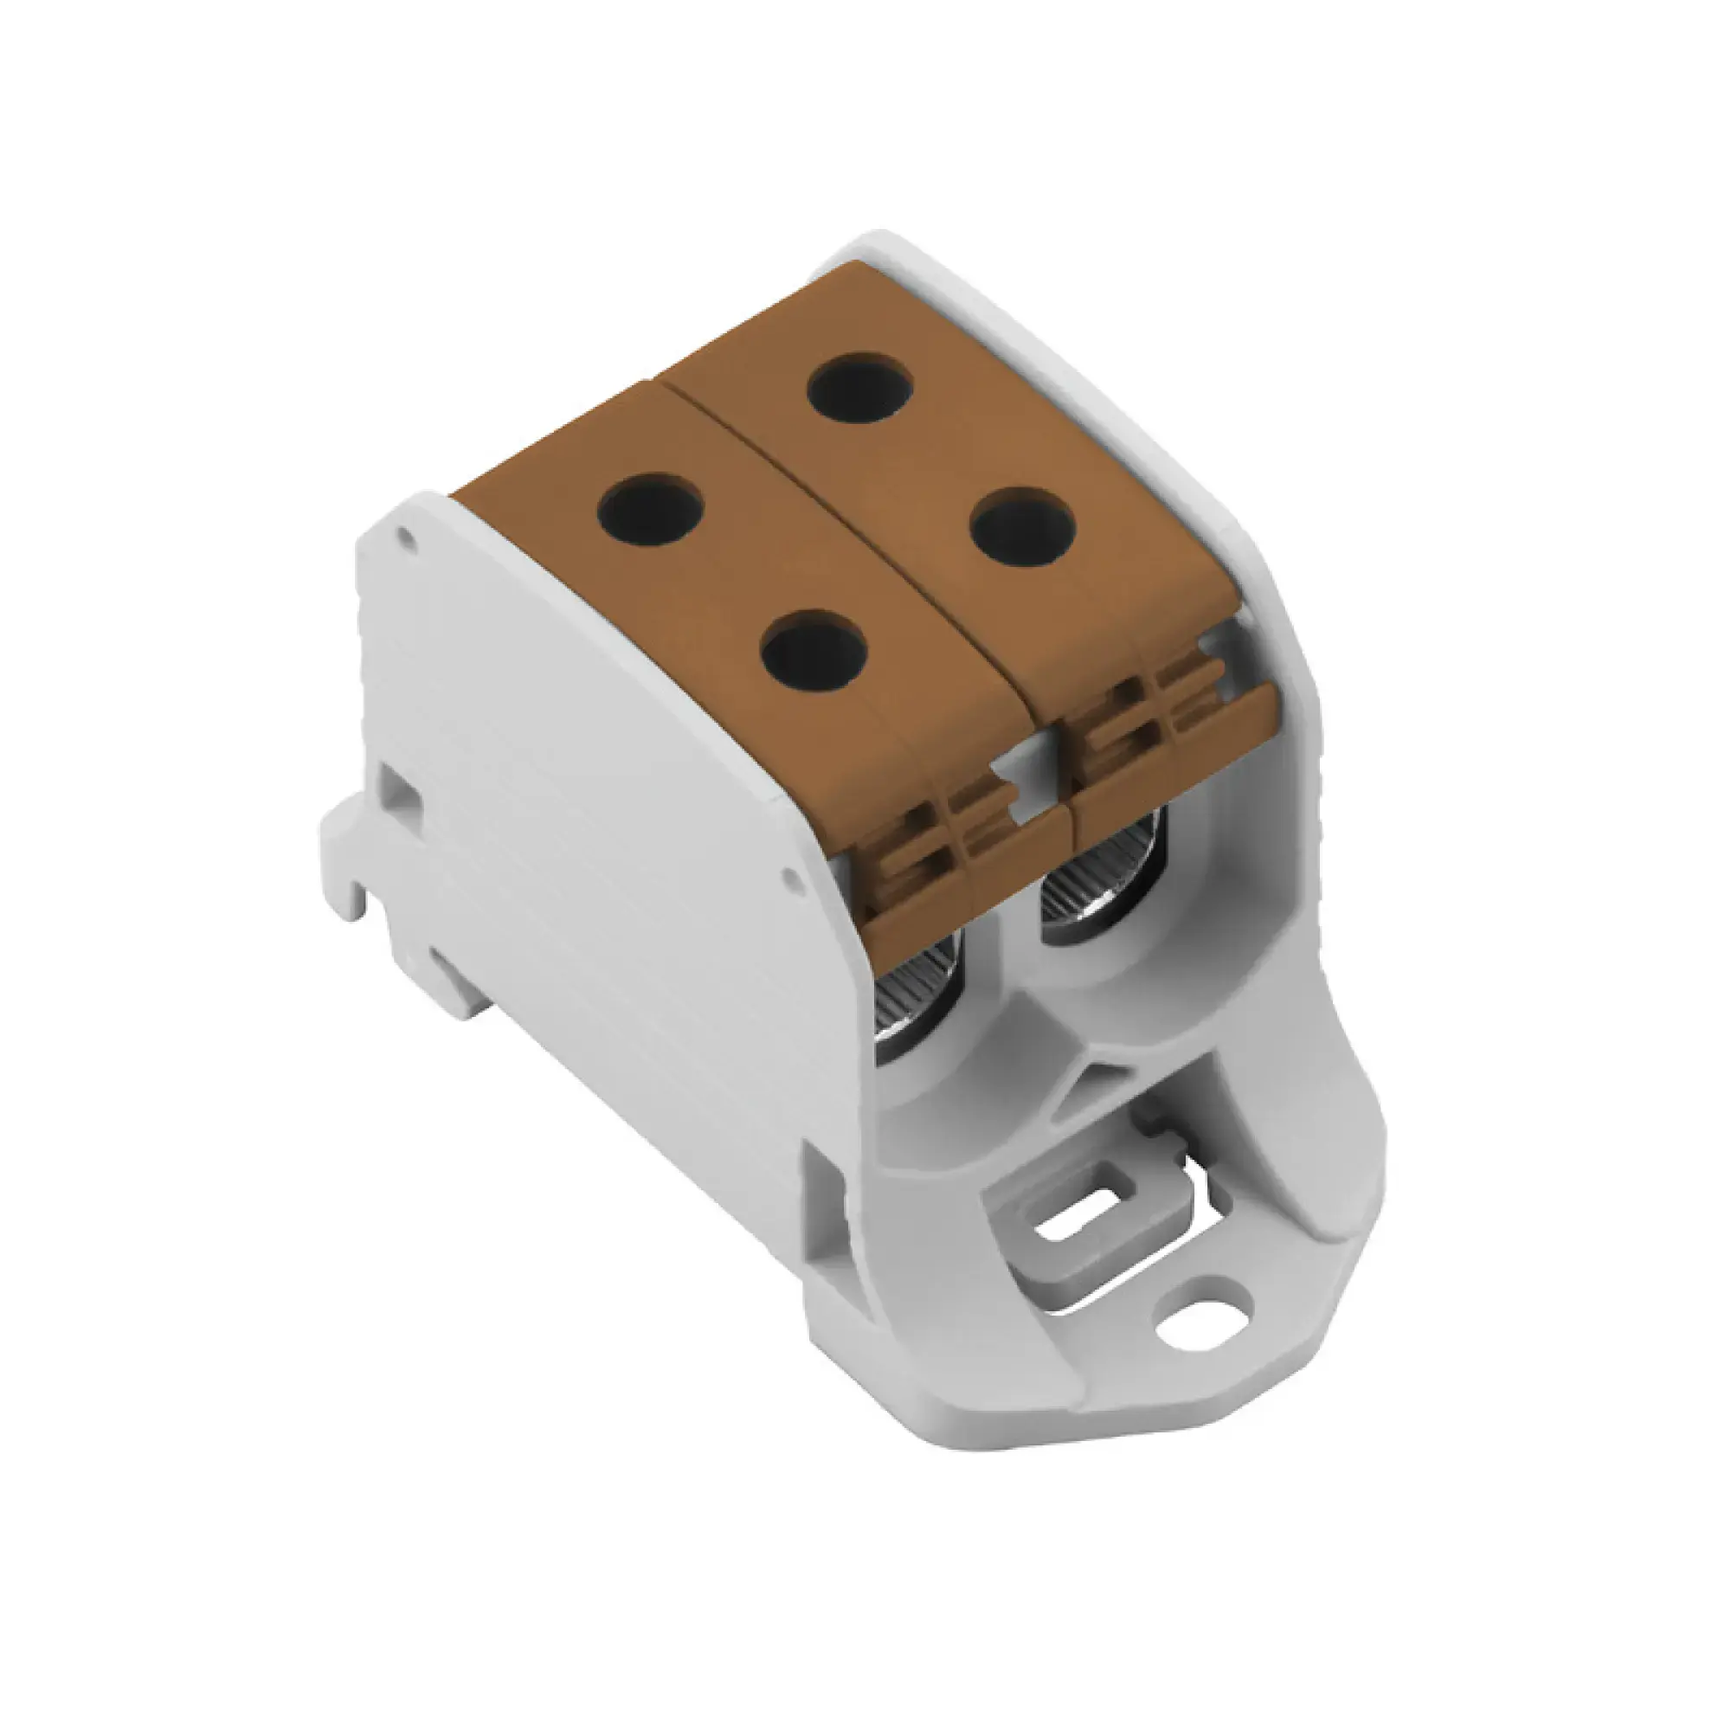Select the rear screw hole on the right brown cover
click(x=859, y=388)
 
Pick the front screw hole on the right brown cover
click(x=1022, y=526)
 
